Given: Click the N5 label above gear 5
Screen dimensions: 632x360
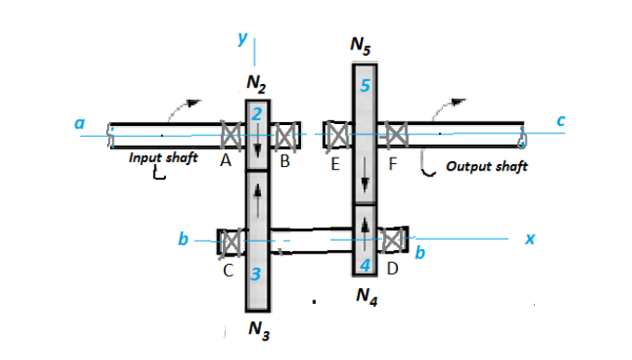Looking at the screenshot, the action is click(x=361, y=45).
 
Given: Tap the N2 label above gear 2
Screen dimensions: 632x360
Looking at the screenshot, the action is click(x=256, y=84).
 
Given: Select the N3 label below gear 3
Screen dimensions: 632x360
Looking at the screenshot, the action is click(x=259, y=330).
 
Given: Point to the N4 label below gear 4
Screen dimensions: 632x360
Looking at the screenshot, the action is click(x=367, y=298).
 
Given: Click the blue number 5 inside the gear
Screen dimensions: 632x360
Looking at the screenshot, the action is click(x=364, y=86).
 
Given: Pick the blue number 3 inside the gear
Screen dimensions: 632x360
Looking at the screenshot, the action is click(x=255, y=274).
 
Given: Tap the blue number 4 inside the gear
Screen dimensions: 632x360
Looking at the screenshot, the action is click(x=364, y=266).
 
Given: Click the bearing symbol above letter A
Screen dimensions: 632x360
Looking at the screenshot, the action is click(x=231, y=135).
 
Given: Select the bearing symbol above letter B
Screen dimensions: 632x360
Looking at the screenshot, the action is click(x=285, y=136).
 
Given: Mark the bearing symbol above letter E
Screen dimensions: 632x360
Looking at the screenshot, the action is click(x=337, y=134).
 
